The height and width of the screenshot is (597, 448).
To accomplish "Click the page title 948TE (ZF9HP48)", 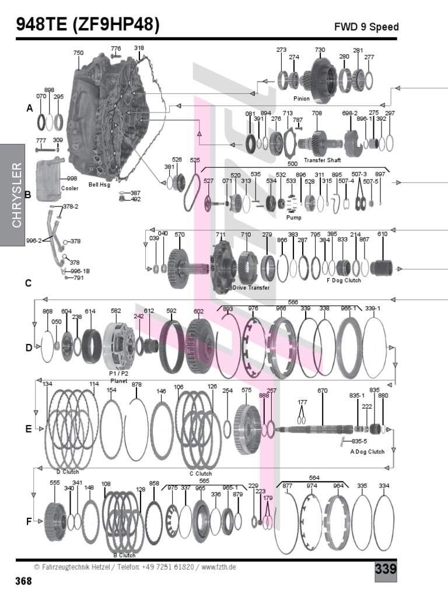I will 87,25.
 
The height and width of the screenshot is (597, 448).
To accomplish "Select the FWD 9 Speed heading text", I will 366,27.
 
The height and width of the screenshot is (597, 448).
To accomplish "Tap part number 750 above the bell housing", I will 78,53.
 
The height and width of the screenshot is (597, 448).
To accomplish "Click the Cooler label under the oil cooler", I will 69,189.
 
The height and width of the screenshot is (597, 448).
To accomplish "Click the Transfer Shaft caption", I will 322,160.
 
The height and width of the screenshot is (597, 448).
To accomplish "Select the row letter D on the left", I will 29,348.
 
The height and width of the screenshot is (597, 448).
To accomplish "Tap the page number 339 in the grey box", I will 386,569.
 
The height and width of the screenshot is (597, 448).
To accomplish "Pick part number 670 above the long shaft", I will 322,391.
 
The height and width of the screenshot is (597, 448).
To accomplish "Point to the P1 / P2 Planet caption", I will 118,377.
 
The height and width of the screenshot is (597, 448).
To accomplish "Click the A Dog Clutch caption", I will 367,452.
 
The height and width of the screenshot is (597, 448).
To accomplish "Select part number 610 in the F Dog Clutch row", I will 382,234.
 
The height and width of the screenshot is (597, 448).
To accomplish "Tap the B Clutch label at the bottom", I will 124,556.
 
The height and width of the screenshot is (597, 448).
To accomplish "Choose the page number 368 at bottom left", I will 23,581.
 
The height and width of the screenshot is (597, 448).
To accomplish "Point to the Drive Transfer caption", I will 251,288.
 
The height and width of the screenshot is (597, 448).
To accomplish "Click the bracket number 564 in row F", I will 314,478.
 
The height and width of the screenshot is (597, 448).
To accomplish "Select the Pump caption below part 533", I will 293,217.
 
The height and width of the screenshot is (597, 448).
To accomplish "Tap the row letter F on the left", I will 29,522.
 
